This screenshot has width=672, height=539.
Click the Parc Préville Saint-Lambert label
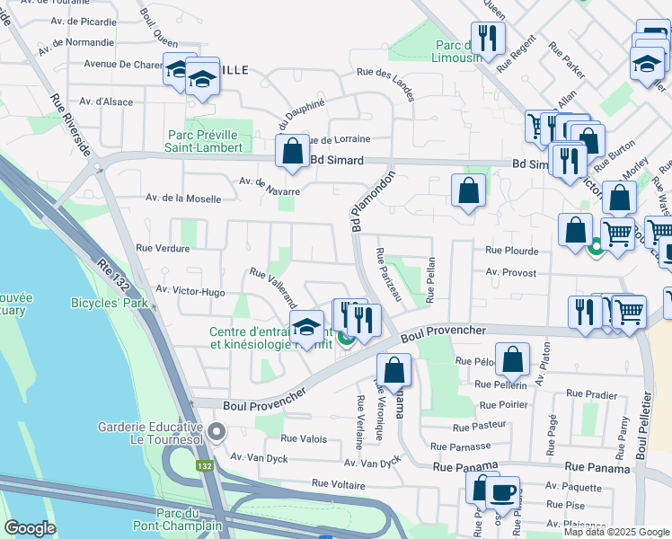[205, 142]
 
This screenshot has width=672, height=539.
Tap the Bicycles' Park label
[109, 303]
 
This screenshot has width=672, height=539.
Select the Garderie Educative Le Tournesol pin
[217, 433]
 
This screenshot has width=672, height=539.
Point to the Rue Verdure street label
[157, 246]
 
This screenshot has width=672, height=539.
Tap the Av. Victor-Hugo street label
[190, 290]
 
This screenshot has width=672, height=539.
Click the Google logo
[30, 528]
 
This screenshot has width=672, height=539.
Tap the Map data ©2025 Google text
[615, 532]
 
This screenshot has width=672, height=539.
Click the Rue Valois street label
[303, 438]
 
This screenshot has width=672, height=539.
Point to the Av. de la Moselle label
[182, 199]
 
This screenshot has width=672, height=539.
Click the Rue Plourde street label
[511, 252]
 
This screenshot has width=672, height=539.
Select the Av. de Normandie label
[71, 42]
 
